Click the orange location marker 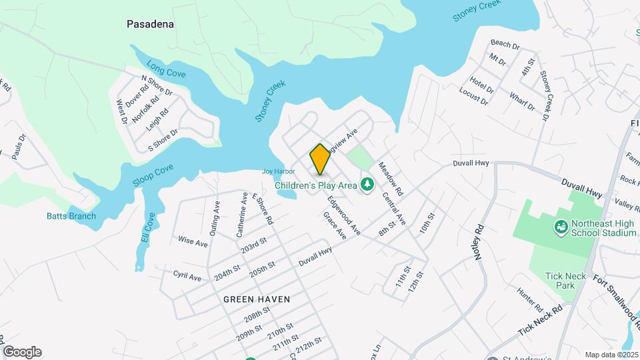coord(320,159)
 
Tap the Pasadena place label coord(151,24)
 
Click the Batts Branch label coord(71,216)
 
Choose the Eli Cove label coord(149,228)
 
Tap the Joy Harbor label coord(278,171)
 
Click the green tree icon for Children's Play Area coord(366,183)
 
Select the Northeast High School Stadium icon coord(561,228)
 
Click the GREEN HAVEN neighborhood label coord(257,299)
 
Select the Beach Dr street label coord(505,45)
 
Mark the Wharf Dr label coord(522,102)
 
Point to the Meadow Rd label coord(391,179)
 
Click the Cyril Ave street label coord(187,275)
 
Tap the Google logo coord(22,352)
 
